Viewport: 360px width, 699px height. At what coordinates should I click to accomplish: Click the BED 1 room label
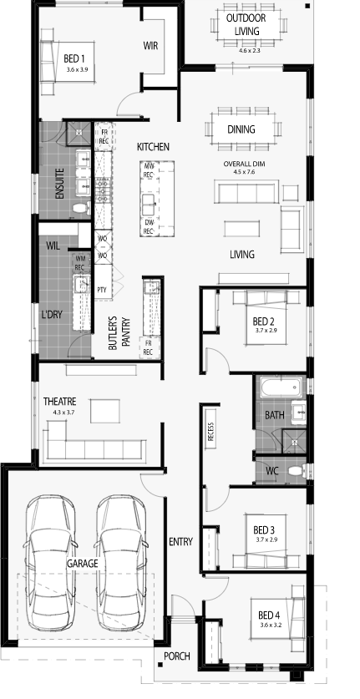tap(74, 58)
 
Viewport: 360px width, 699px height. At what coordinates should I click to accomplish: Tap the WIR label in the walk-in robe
tap(150, 45)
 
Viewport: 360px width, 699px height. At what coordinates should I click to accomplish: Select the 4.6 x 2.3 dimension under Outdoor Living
tap(250, 50)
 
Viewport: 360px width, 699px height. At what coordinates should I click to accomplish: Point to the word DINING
tap(241, 129)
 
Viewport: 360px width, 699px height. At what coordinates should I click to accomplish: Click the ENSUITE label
tap(60, 183)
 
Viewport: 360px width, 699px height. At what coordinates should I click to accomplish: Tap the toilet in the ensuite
tap(81, 208)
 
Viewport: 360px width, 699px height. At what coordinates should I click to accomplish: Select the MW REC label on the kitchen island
tap(148, 170)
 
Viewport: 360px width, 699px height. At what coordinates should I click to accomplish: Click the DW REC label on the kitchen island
tap(148, 227)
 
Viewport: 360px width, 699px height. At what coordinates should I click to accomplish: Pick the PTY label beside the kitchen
tap(102, 290)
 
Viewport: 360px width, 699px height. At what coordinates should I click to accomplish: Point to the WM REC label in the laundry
tap(80, 262)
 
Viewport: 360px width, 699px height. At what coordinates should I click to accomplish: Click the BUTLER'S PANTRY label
tap(119, 333)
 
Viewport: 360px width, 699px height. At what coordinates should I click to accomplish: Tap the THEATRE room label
tap(60, 402)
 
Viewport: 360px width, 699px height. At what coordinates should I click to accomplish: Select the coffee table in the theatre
tap(105, 411)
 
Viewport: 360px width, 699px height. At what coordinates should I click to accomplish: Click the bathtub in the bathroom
tap(280, 387)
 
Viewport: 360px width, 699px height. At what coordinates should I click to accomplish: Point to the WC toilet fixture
tap(297, 471)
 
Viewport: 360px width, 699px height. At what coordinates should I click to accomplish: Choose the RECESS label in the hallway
tap(211, 432)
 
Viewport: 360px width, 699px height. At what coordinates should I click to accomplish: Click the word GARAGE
tap(82, 564)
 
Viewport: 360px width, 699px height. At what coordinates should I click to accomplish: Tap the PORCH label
tap(176, 656)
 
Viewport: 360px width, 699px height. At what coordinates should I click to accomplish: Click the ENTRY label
tap(180, 542)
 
